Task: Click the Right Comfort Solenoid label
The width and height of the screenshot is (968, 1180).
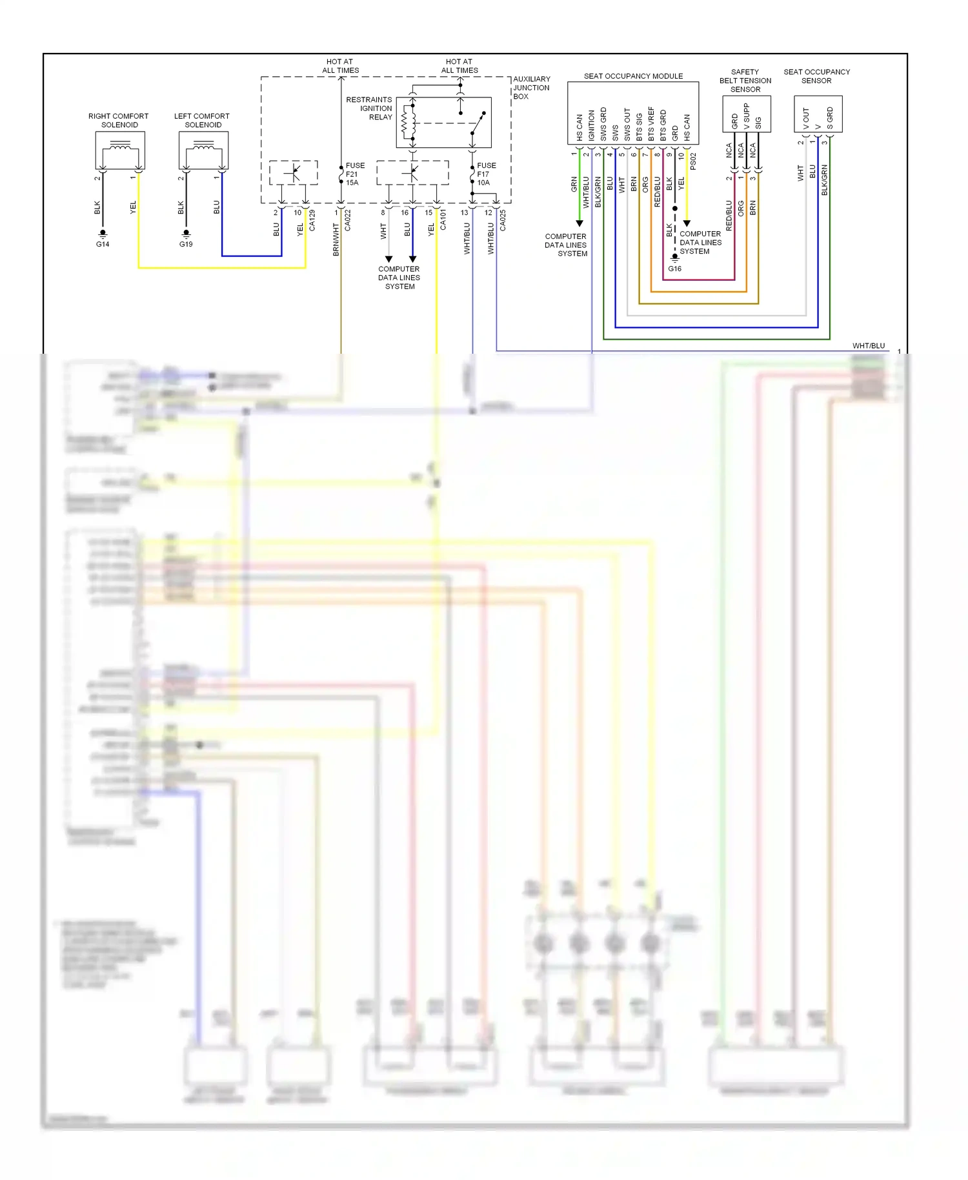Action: coord(118,120)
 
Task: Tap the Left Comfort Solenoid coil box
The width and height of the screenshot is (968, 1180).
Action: coord(203,150)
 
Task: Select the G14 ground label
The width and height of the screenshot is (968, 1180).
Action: coord(103,244)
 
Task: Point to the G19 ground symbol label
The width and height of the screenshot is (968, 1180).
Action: coord(186,244)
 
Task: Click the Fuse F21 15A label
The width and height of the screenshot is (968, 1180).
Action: coord(355,174)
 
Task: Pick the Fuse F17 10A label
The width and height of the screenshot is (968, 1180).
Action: coord(487,174)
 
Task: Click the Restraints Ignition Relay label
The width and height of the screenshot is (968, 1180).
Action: coord(369,108)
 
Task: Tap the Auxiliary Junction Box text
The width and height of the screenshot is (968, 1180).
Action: coord(531,88)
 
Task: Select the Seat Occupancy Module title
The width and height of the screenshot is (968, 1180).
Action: coord(633,76)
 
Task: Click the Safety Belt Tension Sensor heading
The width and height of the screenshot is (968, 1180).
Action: coord(745,81)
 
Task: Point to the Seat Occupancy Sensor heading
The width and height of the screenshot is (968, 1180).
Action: coord(816,76)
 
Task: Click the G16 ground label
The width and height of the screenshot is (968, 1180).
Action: coord(674,269)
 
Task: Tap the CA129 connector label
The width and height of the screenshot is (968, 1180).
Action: coord(312,220)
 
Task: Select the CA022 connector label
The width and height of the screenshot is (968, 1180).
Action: coord(348,220)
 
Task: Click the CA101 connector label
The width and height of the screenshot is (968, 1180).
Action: coord(443,220)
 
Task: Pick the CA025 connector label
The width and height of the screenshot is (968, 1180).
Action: coord(503,220)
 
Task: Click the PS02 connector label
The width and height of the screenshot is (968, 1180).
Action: coord(693,161)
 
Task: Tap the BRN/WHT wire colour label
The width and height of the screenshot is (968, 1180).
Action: coord(336,239)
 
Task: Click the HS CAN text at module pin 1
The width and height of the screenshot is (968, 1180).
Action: coord(579,128)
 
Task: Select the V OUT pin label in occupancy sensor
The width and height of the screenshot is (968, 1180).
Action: coord(806,119)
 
